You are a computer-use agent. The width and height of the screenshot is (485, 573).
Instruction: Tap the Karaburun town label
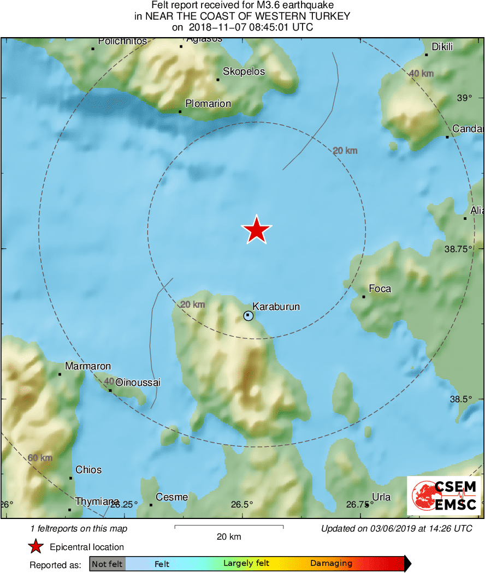click(x=276, y=307)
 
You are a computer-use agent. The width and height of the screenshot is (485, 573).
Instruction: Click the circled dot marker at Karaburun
click(x=249, y=315)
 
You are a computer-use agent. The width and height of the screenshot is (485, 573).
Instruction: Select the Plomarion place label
click(x=208, y=104)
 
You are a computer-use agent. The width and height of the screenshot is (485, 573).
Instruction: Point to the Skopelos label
click(x=244, y=72)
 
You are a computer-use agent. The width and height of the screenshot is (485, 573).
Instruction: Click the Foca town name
click(x=380, y=289)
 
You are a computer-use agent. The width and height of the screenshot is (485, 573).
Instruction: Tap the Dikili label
click(x=442, y=47)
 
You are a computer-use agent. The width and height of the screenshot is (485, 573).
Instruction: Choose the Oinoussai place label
click(x=138, y=383)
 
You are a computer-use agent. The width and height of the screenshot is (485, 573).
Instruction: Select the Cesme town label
click(x=172, y=497)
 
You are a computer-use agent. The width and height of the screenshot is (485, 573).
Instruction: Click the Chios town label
click(x=88, y=470)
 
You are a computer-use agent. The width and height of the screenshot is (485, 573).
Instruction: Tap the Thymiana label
click(x=97, y=502)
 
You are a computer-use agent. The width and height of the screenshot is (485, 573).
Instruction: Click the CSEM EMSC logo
click(x=444, y=496)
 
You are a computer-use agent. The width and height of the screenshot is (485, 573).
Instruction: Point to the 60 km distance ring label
click(x=40, y=458)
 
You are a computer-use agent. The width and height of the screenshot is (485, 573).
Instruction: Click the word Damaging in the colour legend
click(x=331, y=564)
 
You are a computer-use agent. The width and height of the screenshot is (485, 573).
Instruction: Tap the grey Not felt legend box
click(x=108, y=564)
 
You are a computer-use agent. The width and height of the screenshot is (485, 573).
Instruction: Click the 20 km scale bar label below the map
click(x=229, y=536)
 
